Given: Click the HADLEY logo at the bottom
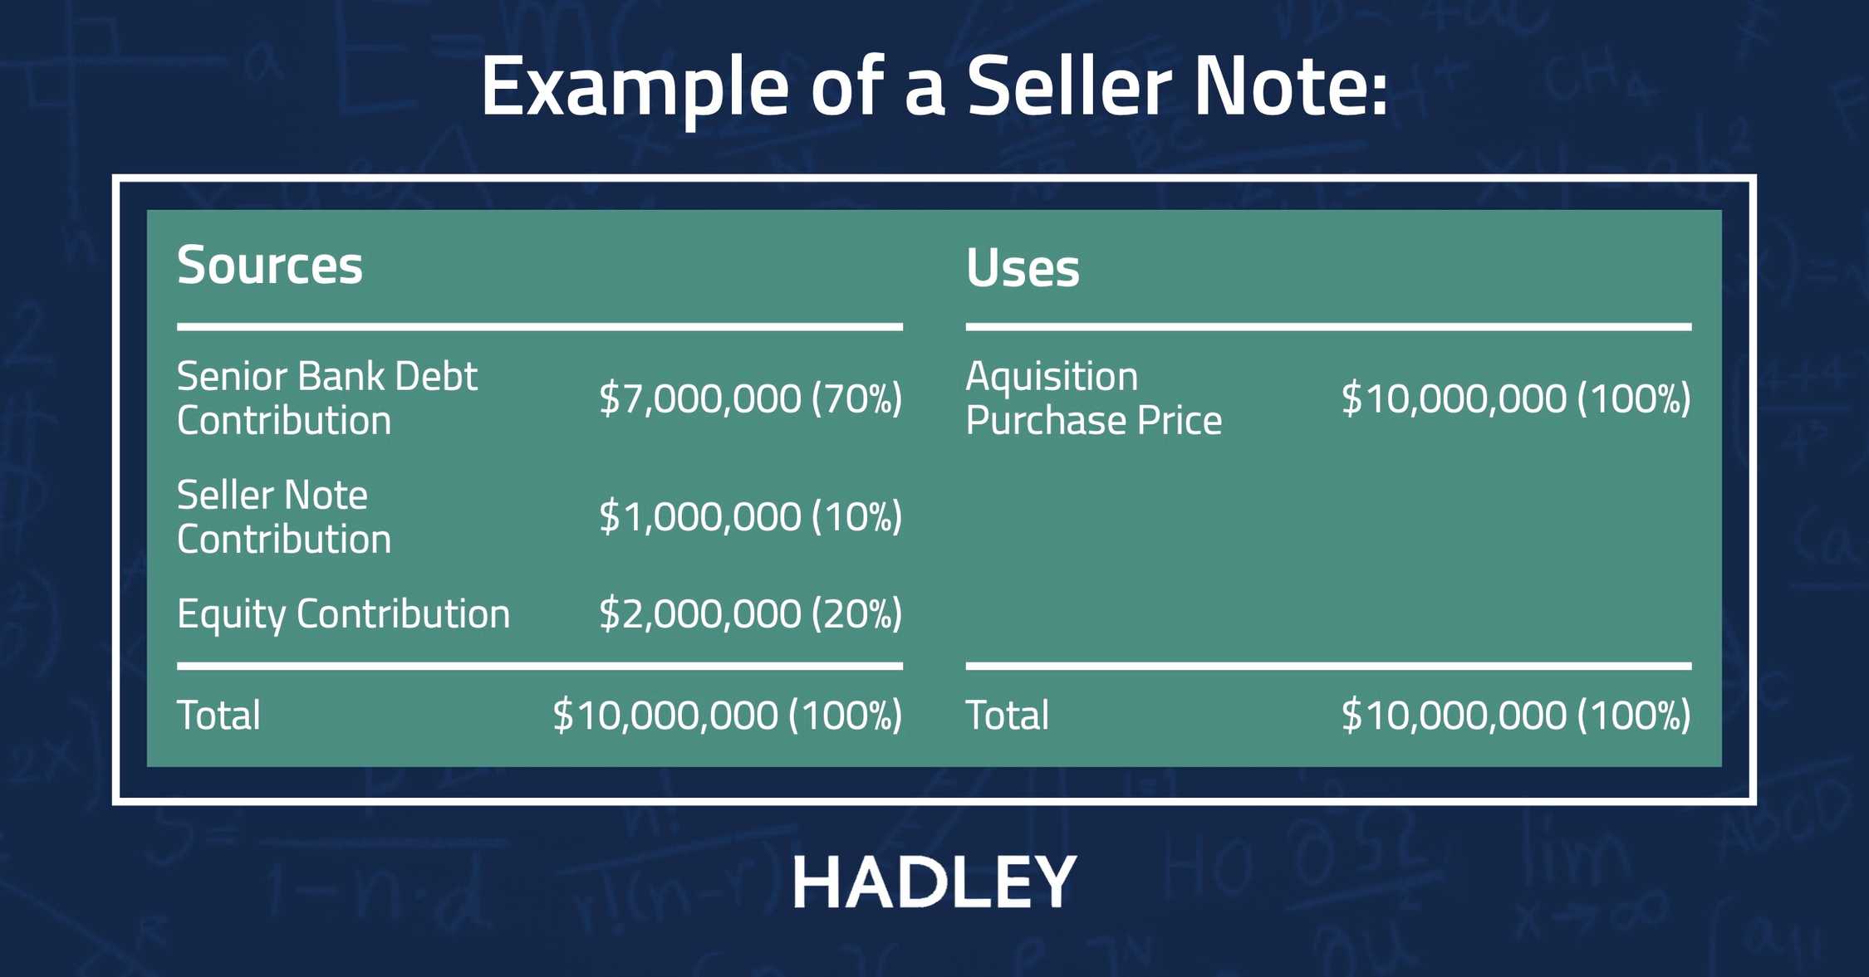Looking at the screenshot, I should (x=934, y=882).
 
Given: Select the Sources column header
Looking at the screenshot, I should (x=270, y=265).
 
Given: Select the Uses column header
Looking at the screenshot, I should (x=1023, y=268).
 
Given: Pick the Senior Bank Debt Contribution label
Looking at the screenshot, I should (x=326, y=398).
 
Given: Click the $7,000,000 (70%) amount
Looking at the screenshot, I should (x=750, y=398).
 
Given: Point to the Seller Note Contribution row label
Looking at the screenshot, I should (x=283, y=517).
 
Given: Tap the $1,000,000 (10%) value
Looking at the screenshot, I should (x=750, y=517).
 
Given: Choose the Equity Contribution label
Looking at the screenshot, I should (x=343, y=614).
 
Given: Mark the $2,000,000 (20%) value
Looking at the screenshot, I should (x=750, y=614).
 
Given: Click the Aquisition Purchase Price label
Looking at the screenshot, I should (x=1093, y=398).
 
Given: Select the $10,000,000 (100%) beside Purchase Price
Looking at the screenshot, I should (x=1516, y=398).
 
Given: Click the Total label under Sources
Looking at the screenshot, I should (x=218, y=716).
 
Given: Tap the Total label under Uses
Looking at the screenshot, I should (x=1007, y=716).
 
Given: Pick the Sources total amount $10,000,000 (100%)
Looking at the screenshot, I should (x=727, y=716).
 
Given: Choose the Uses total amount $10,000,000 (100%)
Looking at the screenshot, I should (x=1516, y=716).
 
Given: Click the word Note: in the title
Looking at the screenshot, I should (x=1290, y=86).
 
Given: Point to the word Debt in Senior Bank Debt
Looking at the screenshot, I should (x=436, y=377).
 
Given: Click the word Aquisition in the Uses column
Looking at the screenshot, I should (x=1052, y=377).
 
